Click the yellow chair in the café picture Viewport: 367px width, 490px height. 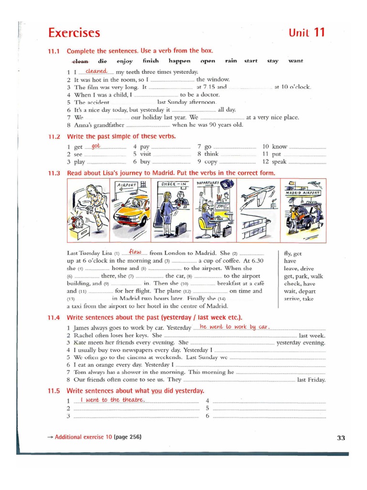coord(206,227)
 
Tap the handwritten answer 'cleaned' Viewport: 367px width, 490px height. coord(96,71)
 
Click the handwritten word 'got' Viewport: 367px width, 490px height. coord(96,146)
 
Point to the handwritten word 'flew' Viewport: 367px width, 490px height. coord(135,252)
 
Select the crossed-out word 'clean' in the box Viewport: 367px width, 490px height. coord(80,61)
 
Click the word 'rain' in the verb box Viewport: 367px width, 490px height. coord(231,61)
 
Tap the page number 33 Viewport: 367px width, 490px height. coord(341,437)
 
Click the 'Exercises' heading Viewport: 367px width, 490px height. coord(74,33)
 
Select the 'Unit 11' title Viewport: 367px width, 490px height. coord(307,33)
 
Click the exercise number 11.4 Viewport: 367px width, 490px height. coord(54,318)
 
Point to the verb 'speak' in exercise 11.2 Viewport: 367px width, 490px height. coord(279,162)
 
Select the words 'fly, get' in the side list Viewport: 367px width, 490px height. coord(292,254)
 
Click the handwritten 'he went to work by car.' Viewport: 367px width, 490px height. coord(235,327)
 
